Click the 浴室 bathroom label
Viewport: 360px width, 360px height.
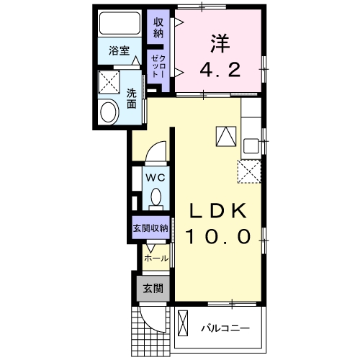[120, 51]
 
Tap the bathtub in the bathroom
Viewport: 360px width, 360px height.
[120, 26]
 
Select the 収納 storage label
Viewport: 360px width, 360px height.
[158, 27]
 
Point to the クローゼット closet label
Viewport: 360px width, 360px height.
[158, 67]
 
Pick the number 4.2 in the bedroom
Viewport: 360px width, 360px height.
[219, 70]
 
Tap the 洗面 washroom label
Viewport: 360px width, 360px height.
[132, 97]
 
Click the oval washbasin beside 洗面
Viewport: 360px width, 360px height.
[110, 112]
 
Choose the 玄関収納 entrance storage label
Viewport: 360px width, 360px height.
[150, 228]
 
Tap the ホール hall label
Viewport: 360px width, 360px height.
[156, 258]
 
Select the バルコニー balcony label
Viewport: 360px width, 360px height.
[225, 328]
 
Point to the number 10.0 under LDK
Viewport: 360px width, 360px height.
[219, 235]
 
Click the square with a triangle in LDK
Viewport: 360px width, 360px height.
[225, 135]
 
